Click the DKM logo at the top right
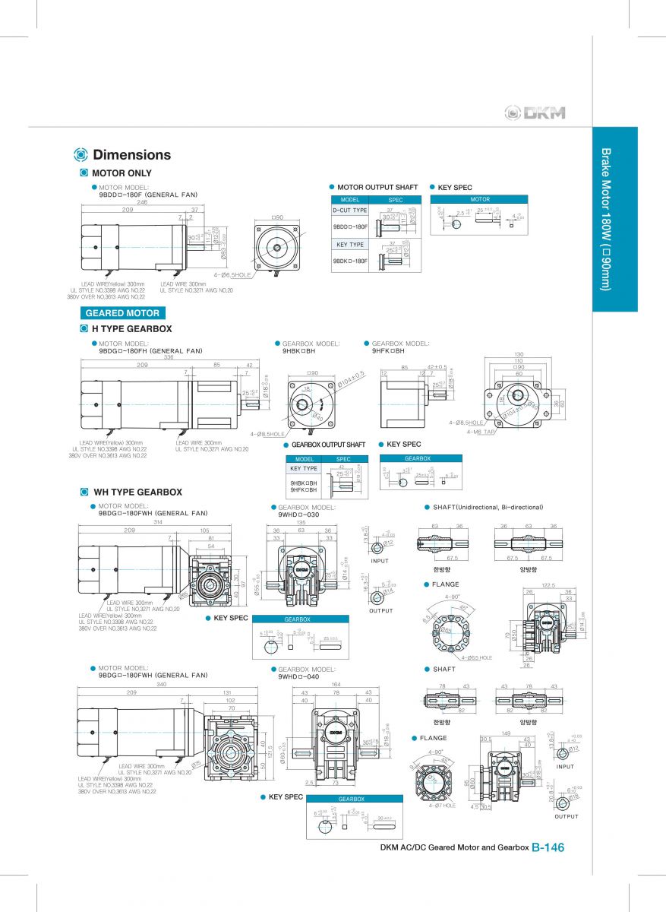(x=535, y=113)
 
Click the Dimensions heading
(x=131, y=155)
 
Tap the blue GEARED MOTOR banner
(x=122, y=313)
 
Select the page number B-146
(x=548, y=848)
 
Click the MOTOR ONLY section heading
(x=122, y=173)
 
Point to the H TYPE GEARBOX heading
(x=131, y=329)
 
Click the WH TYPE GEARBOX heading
(x=137, y=492)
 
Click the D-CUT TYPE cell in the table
(x=349, y=210)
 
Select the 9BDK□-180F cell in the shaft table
(x=349, y=261)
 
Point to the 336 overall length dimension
(x=169, y=357)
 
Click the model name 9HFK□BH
(x=388, y=351)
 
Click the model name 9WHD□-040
(x=298, y=676)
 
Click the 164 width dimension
(x=336, y=684)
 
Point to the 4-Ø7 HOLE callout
(x=442, y=806)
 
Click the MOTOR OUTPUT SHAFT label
(x=377, y=187)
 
